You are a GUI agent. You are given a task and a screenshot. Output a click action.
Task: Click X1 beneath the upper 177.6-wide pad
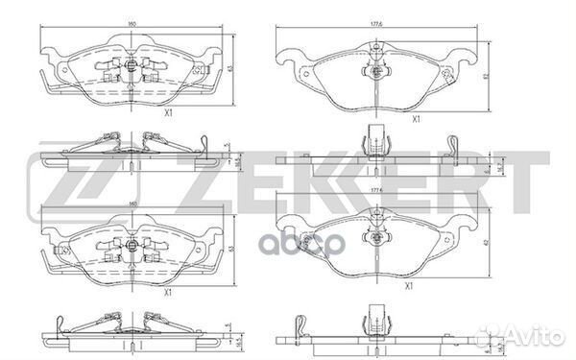click(416, 119)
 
